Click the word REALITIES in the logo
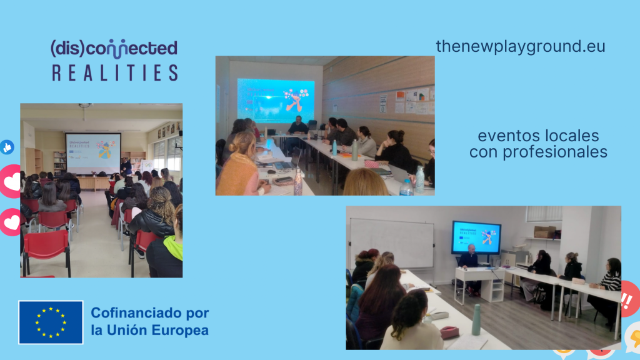115,72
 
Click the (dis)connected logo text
114,49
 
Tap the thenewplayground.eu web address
521,46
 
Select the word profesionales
555,152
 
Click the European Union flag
51,322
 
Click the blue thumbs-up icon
7,147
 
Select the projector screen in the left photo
93,153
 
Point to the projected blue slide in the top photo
276,101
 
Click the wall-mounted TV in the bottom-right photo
476,237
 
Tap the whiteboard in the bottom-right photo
392,243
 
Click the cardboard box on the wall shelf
545,232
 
